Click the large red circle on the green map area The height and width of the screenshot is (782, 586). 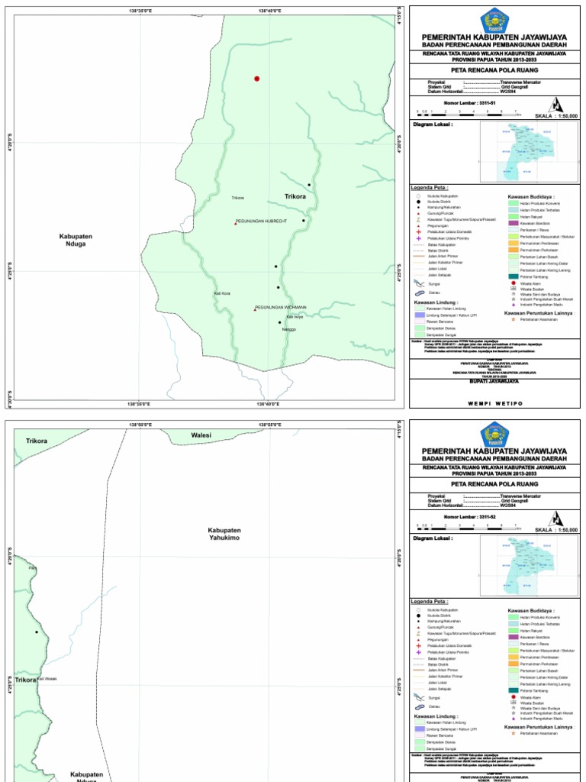(257, 79)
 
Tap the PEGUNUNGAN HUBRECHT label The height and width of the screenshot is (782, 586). (261, 221)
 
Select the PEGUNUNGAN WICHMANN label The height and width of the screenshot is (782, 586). (281, 307)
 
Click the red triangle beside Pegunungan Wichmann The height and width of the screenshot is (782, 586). (255, 309)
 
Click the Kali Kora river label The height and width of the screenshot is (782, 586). (222, 294)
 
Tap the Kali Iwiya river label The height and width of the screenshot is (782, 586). (294, 317)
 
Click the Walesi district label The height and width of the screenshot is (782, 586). (201, 435)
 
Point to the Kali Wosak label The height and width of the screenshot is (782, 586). (47, 678)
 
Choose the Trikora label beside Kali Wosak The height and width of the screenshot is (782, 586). (25, 680)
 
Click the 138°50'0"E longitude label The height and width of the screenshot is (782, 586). (140, 425)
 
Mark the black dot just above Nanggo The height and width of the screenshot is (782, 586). (279, 322)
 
